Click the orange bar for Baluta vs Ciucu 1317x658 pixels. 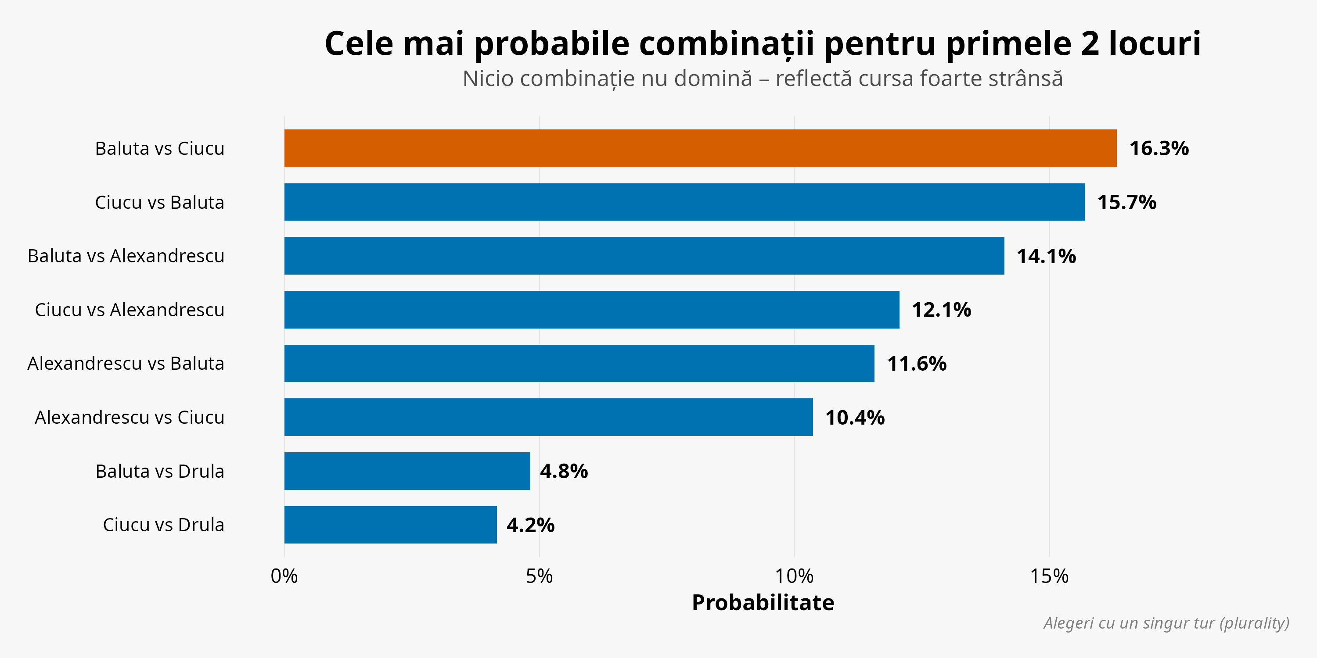700,148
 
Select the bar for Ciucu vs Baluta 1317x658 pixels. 684,202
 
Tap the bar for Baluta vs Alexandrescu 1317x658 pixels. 644,255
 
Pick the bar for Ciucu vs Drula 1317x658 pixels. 390,525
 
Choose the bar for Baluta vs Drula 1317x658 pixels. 407,471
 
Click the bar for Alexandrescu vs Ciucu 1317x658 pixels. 549,417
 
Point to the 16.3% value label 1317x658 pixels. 1159,149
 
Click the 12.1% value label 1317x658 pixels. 941,310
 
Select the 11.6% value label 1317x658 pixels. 916,364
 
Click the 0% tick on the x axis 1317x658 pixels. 284,576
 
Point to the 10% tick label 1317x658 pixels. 794,576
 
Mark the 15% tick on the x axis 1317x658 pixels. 1049,576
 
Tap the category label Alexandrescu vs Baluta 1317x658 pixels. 126,363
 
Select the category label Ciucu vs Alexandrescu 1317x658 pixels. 130,310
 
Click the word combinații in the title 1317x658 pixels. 726,44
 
